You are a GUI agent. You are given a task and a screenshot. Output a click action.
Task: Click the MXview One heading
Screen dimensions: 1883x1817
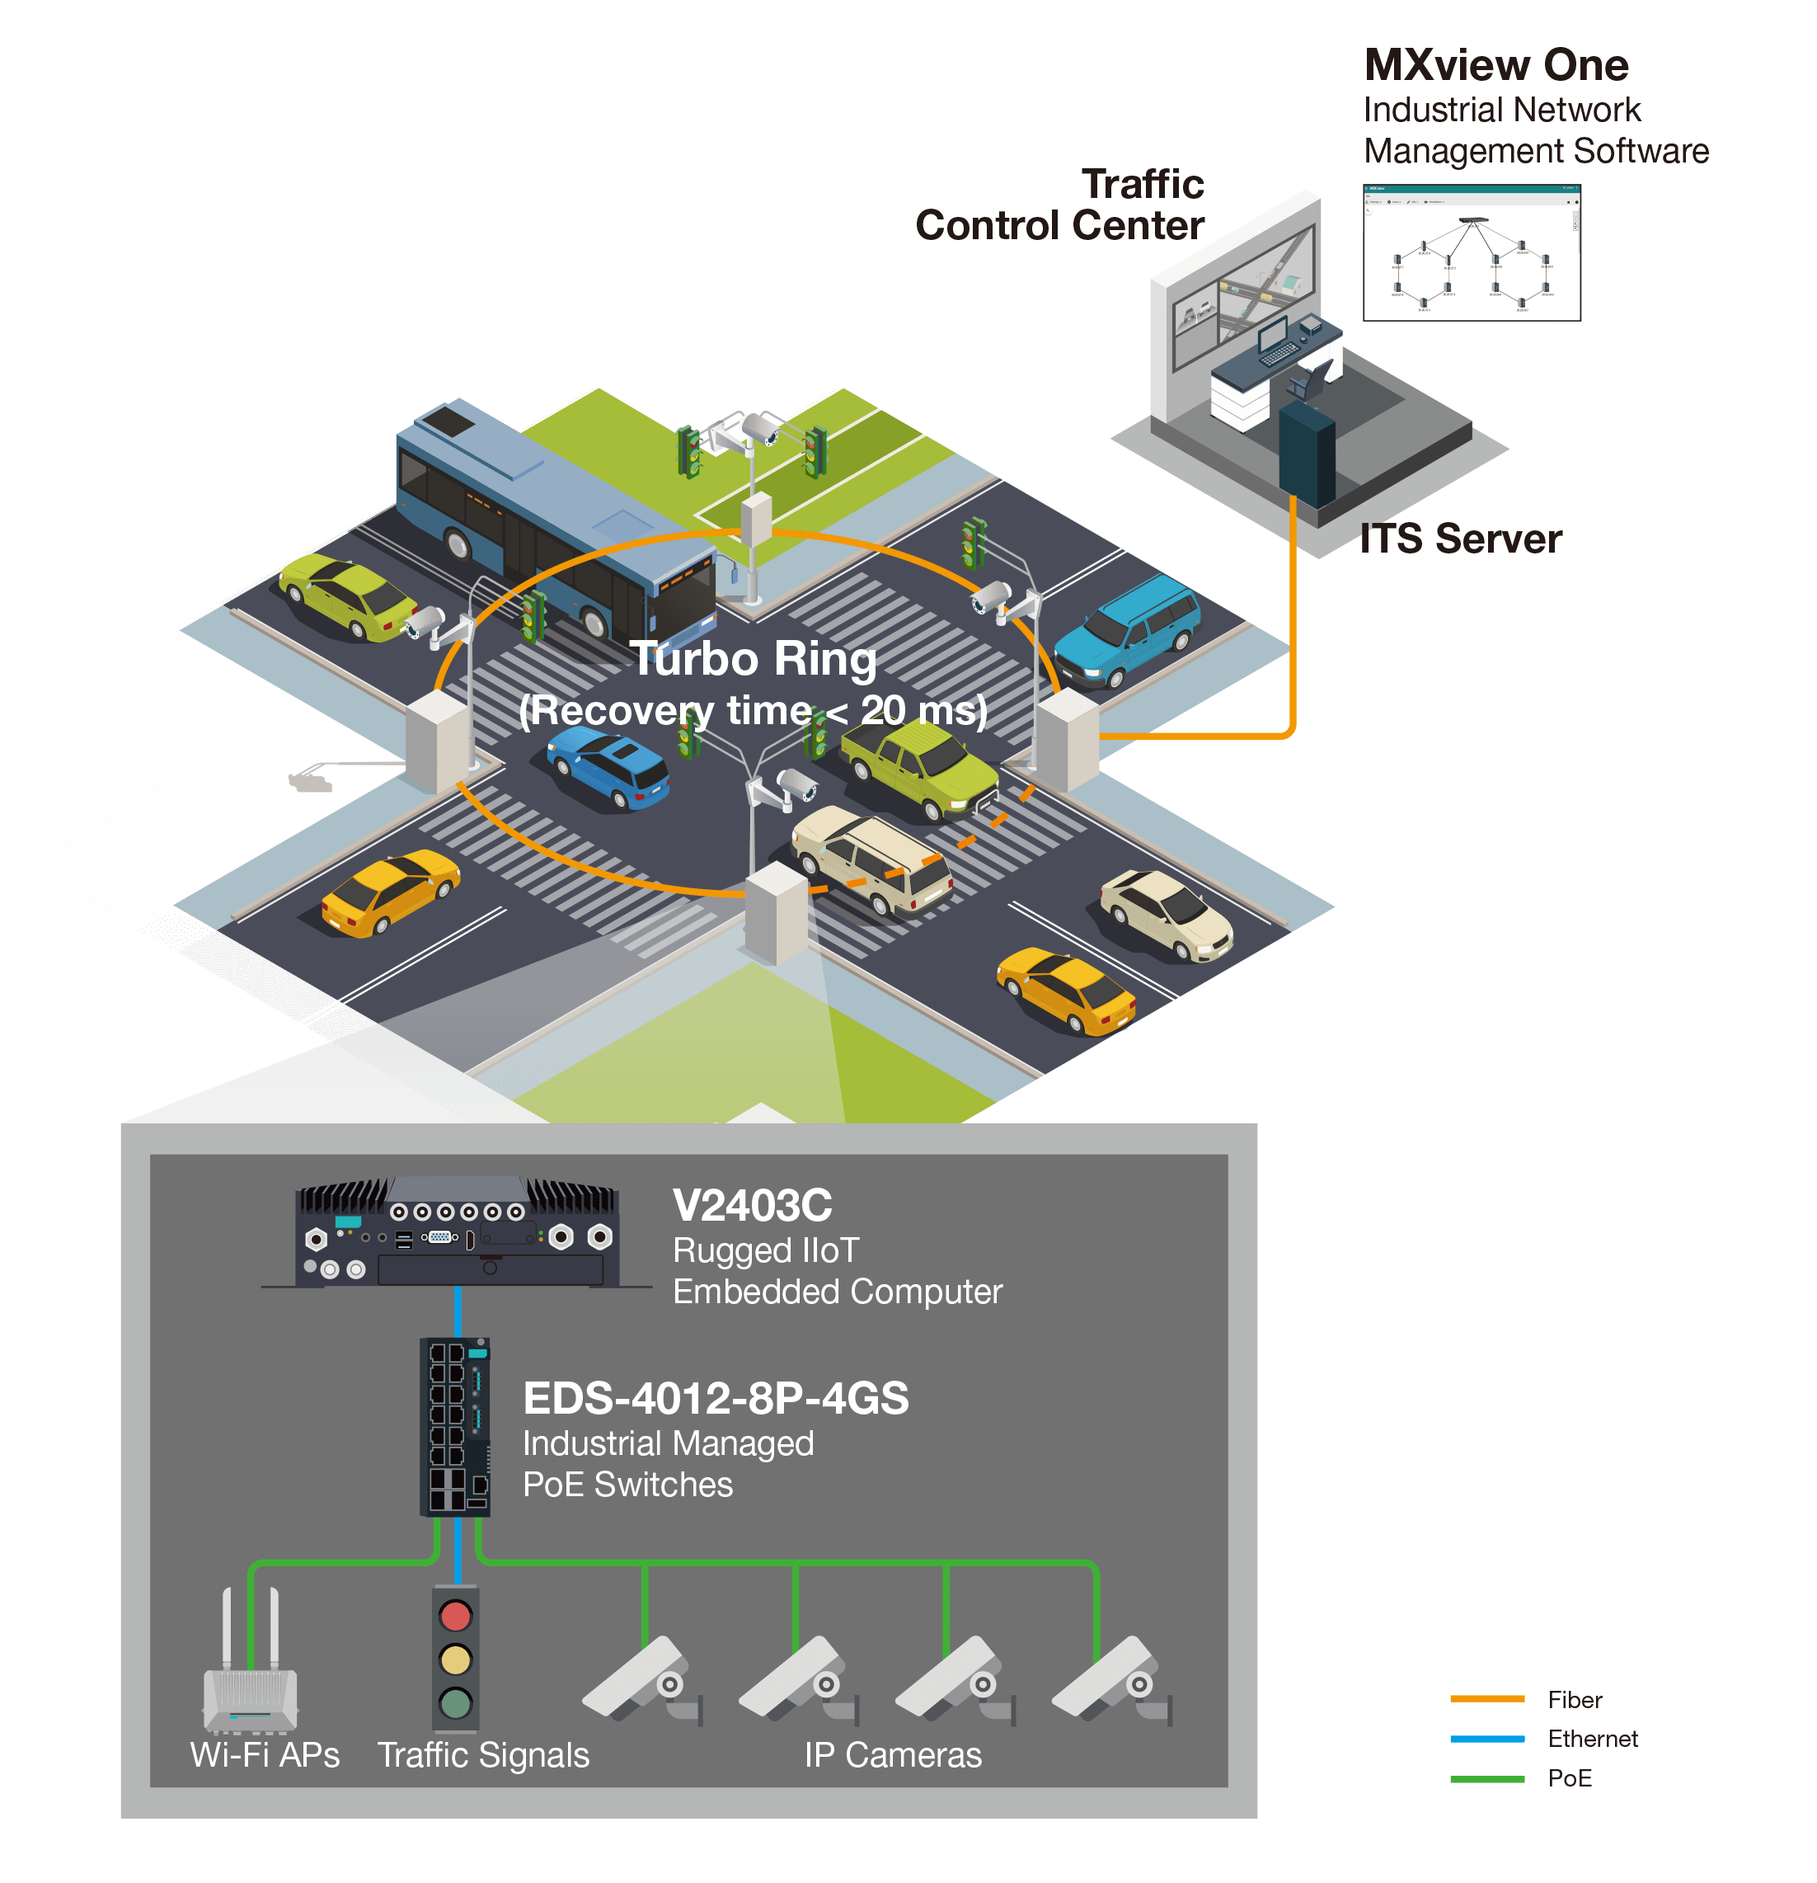click(1495, 65)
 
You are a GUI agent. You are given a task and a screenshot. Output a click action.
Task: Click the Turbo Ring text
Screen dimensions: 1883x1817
click(753, 659)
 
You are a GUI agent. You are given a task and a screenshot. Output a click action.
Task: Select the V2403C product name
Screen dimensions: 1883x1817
click(752, 1206)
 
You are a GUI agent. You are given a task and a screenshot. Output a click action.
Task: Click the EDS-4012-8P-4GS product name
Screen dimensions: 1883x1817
click(716, 1399)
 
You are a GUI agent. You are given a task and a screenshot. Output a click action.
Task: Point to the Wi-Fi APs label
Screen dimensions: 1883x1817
click(265, 1755)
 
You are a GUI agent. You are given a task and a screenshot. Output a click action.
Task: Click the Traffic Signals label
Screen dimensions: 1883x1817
click(483, 1755)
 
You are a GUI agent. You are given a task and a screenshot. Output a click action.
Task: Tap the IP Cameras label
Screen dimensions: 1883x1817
click(893, 1755)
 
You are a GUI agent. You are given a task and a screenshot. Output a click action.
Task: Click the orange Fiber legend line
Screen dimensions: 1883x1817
click(1486, 1698)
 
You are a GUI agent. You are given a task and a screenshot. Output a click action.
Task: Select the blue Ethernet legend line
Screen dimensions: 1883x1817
click(1486, 1739)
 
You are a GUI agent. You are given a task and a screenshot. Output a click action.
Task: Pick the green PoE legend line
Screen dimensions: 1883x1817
click(1486, 1779)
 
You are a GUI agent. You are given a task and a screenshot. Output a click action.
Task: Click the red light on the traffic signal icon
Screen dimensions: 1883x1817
click(455, 1616)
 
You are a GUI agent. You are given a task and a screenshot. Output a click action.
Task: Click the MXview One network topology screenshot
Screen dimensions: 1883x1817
click(1472, 254)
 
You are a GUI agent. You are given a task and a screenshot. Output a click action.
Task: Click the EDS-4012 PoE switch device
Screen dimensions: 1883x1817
click(455, 1427)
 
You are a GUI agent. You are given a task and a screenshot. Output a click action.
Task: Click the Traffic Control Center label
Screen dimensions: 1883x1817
click(1060, 205)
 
